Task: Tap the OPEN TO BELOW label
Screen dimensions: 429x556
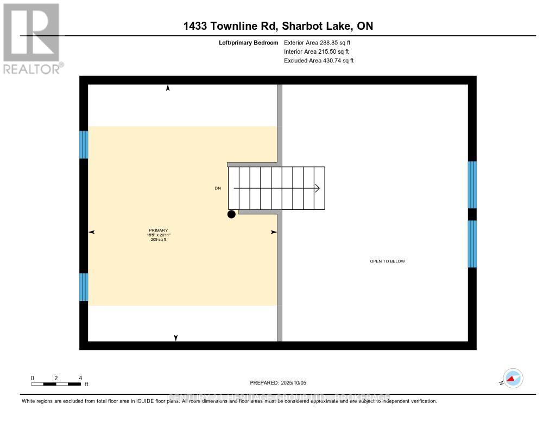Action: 387,261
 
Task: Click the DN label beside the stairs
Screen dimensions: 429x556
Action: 218,188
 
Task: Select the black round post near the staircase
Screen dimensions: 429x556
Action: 231,214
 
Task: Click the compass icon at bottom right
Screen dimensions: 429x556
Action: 513,379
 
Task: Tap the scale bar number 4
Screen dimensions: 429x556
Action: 80,378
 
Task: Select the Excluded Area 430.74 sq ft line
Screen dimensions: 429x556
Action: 319,61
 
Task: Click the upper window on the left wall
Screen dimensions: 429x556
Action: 84,144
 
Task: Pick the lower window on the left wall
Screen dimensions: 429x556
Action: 84,287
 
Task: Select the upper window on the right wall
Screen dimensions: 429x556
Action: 472,184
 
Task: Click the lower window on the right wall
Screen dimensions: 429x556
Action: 472,244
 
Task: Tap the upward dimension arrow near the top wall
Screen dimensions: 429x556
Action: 168,88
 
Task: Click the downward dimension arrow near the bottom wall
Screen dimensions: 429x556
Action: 175,337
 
